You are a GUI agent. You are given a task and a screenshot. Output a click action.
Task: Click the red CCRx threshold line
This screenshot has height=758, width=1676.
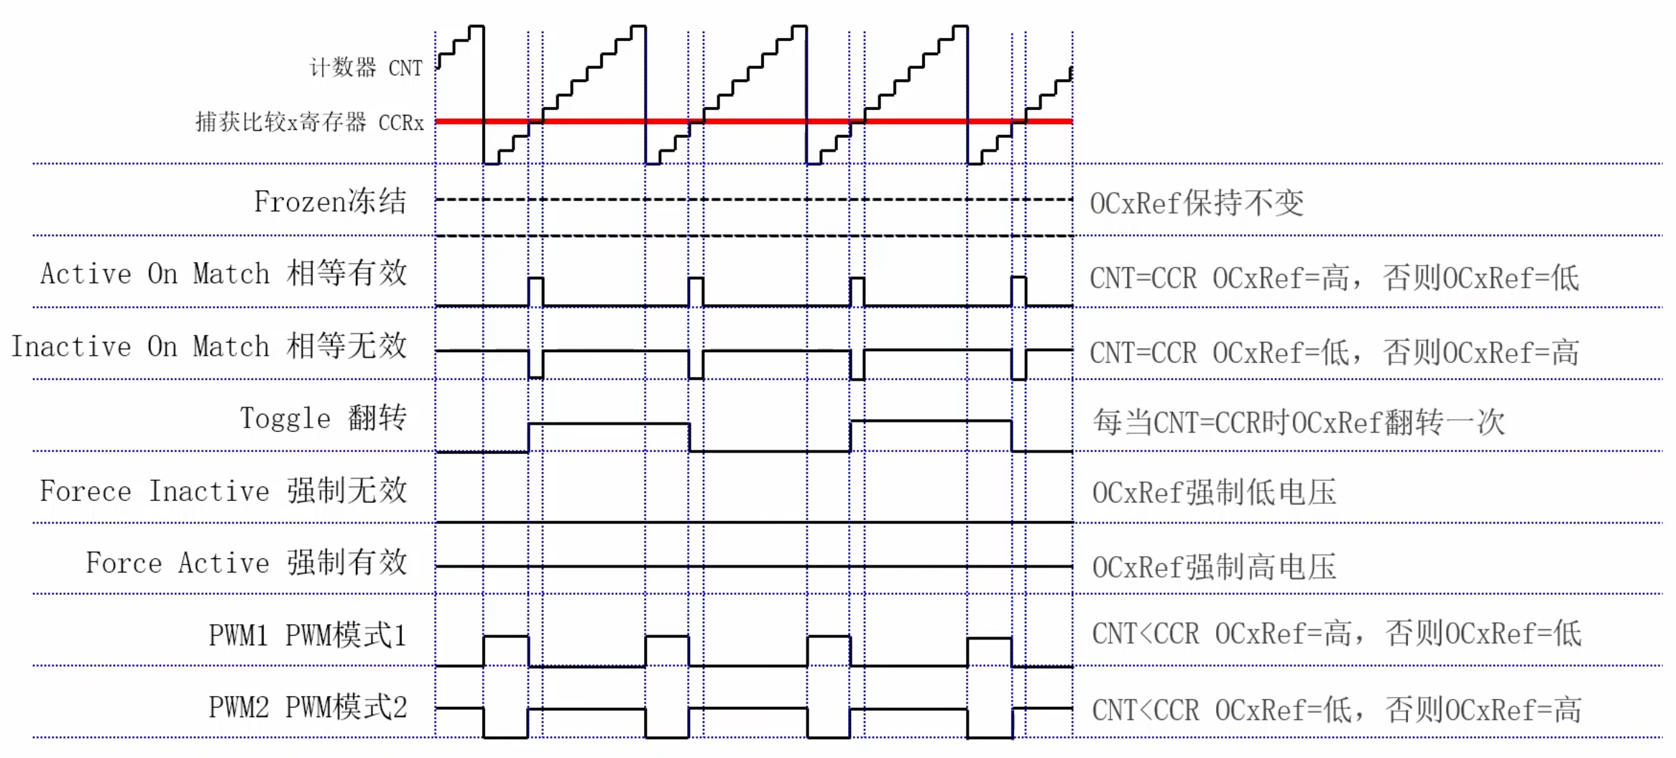(x=755, y=121)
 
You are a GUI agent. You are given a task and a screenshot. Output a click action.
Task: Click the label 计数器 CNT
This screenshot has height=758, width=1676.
(x=366, y=68)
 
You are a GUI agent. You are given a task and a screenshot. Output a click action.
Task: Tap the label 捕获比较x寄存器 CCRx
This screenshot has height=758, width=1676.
(x=310, y=122)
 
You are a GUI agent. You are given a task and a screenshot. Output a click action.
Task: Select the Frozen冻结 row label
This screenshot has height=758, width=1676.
(x=330, y=202)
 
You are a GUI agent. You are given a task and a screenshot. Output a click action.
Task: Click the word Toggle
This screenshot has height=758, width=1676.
(x=285, y=418)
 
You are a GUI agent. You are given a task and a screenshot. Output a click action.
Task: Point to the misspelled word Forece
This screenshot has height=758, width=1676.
(x=86, y=491)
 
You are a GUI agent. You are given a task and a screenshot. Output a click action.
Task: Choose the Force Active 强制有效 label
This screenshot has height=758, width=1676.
(x=247, y=563)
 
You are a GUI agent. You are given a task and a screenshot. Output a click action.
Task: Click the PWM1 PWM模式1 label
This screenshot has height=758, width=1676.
(x=308, y=635)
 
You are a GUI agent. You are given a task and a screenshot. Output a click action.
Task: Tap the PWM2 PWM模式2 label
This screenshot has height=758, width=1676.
(x=308, y=707)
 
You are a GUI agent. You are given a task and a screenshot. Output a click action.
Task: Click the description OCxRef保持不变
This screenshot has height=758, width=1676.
(x=1197, y=203)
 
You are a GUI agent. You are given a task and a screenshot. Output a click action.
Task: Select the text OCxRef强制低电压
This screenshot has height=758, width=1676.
(x=1214, y=493)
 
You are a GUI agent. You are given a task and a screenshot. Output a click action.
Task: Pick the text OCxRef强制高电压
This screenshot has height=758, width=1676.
(x=1214, y=567)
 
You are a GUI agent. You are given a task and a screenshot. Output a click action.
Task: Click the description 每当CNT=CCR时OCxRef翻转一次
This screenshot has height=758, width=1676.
(x=1299, y=422)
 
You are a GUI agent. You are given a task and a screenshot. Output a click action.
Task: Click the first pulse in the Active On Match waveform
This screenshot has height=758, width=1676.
(x=535, y=291)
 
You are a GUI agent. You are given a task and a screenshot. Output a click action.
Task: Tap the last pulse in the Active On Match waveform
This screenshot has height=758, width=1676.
(x=1018, y=291)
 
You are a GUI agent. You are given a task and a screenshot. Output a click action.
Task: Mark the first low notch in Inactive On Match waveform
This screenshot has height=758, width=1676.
(x=535, y=365)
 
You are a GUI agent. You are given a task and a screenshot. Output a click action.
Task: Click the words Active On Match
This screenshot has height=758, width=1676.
(x=155, y=274)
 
